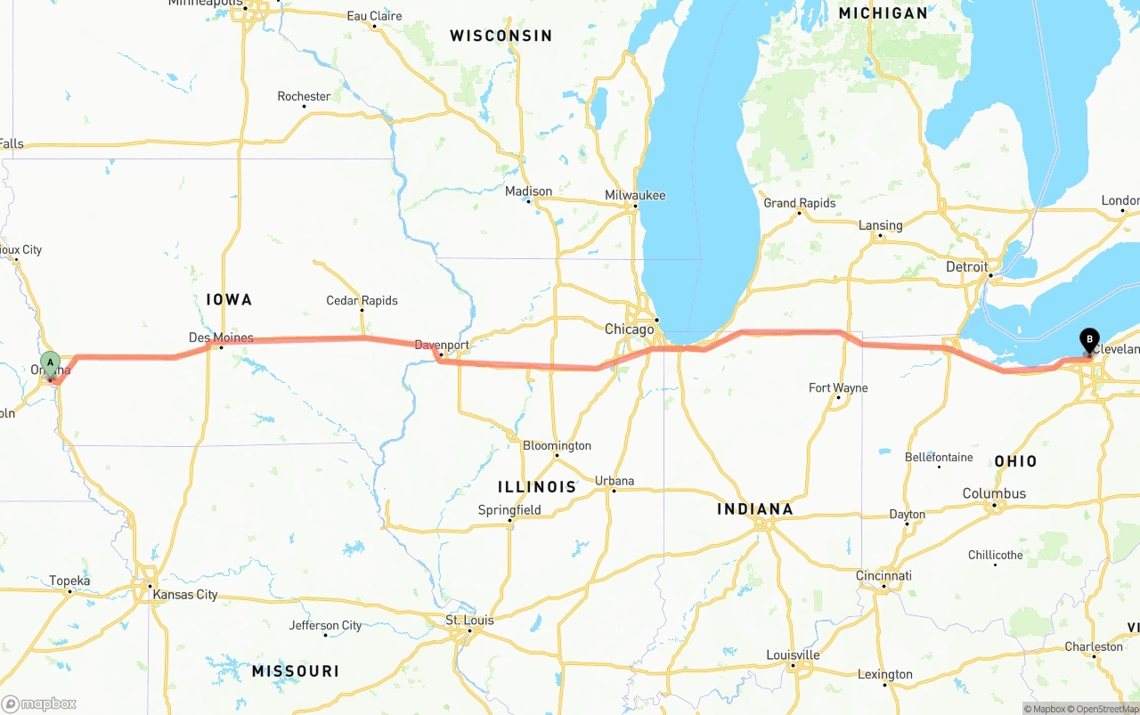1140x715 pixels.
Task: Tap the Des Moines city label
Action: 221,337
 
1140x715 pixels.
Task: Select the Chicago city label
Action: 630,329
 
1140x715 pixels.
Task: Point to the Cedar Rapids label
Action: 362,301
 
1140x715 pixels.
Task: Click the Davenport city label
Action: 442,345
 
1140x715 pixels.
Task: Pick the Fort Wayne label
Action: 838,387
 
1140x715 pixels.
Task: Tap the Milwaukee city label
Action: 635,196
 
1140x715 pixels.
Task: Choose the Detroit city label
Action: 967,267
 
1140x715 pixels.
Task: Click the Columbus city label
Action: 994,493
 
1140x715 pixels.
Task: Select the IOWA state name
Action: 230,300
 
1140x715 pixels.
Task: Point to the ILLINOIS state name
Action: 537,487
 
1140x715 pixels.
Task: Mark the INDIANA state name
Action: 755,509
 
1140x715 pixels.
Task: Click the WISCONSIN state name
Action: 501,36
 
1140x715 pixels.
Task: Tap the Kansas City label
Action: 185,595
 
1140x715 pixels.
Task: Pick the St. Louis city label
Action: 471,620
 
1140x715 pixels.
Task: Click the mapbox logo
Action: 39,703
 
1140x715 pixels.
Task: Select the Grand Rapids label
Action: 800,203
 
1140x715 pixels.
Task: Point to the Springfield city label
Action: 509,510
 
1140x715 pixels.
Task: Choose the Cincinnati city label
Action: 883,576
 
